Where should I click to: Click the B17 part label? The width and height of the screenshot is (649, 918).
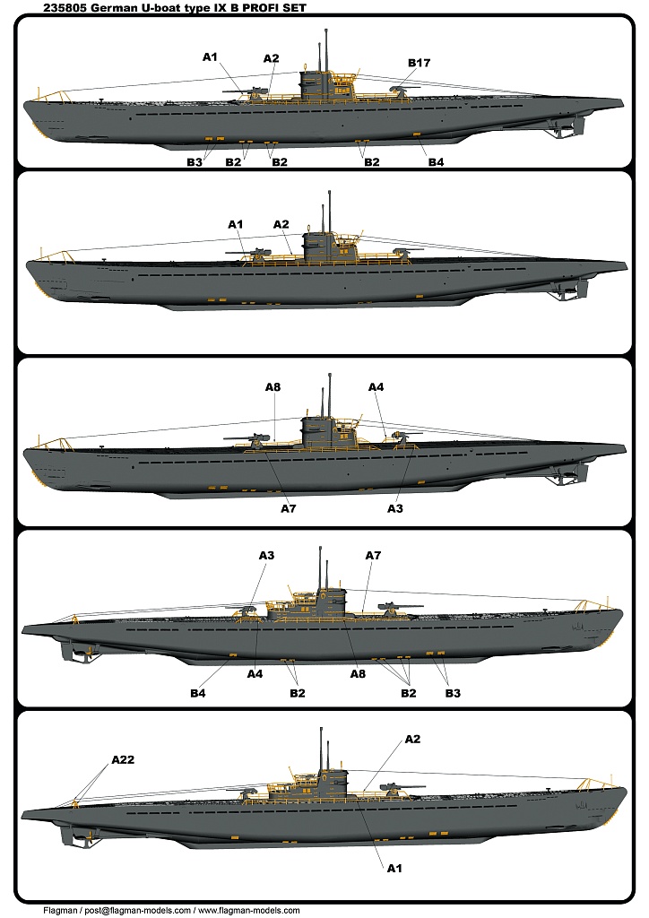tap(419, 63)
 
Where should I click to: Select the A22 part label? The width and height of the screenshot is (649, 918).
tap(123, 759)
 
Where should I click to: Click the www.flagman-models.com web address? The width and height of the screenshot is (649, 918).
tap(248, 911)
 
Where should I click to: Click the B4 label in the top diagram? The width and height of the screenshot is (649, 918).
tap(436, 162)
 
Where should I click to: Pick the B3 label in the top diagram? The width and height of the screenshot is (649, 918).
tap(195, 162)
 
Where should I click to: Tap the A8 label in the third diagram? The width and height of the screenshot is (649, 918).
tap(273, 387)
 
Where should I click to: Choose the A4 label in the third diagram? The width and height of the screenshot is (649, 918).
tap(376, 387)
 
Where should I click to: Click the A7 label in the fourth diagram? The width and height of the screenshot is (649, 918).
tap(373, 555)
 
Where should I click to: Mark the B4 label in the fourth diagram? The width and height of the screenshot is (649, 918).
tap(198, 693)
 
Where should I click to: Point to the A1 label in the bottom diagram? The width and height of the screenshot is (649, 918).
tap(394, 868)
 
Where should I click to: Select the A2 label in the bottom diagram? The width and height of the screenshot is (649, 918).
tap(412, 739)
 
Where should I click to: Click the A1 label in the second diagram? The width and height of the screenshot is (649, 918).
tap(235, 224)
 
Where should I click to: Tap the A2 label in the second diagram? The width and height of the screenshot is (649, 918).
tap(281, 224)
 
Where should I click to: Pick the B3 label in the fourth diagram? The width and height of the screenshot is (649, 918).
tap(453, 693)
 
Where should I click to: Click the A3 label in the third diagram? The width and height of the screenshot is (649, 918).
tap(395, 508)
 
